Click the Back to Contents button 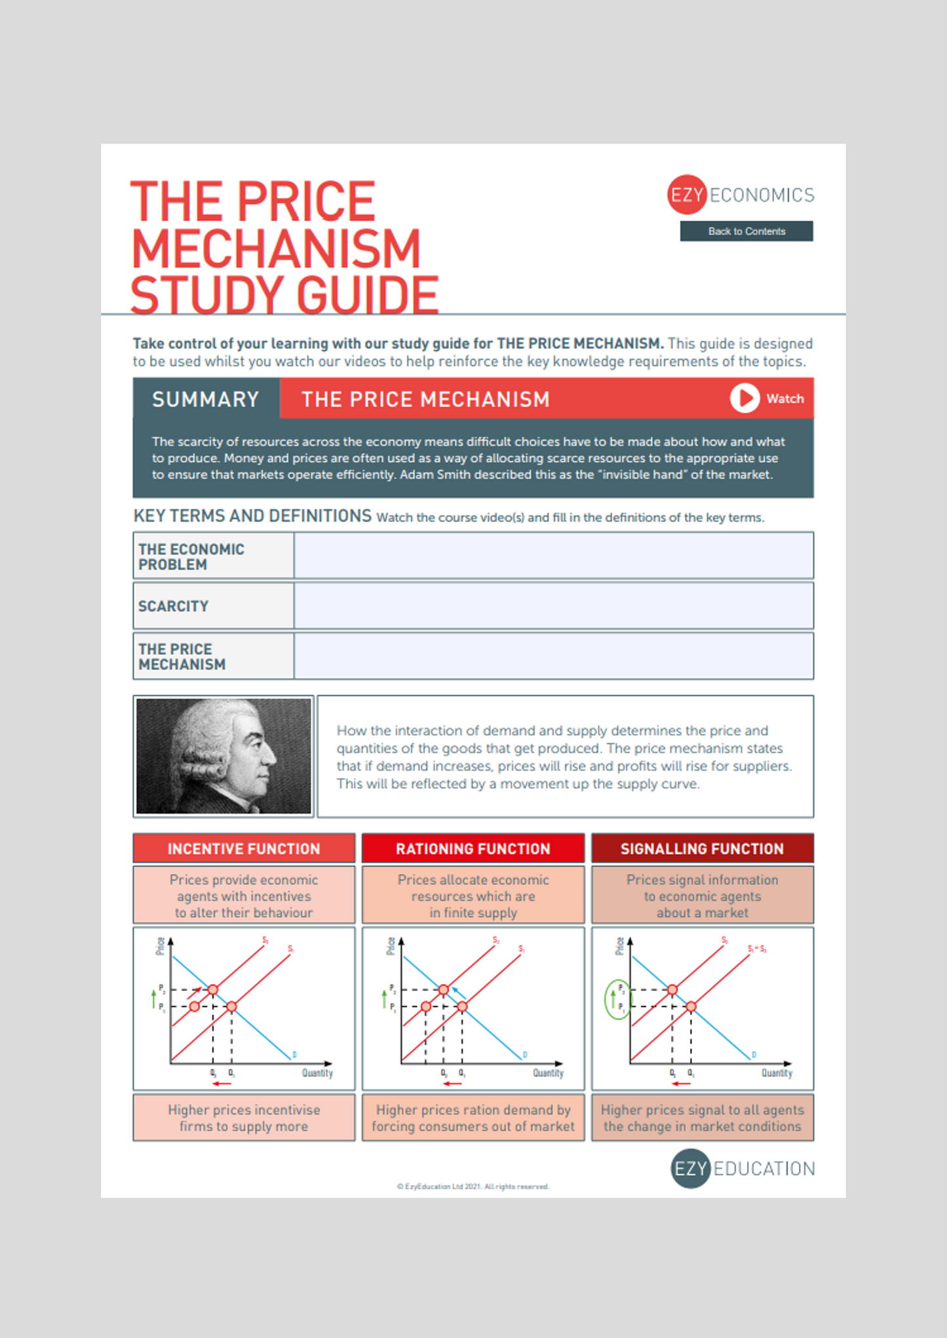[746, 231]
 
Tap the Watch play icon [744, 398]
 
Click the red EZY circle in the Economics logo [686, 195]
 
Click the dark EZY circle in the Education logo [690, 1168]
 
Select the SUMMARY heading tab [206, 399]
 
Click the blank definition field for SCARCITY [553, 606]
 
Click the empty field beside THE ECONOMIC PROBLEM [553, 555]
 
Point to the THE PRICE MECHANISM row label [182, 656]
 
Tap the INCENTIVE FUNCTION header [244, 848]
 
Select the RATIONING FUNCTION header [473, 848]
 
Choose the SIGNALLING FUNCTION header [702, 848]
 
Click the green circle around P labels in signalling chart [616, 999]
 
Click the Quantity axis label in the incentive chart [317, 1073]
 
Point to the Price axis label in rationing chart [390, 946]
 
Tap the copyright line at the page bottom [473, 1186]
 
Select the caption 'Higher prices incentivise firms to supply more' [244, 1118]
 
